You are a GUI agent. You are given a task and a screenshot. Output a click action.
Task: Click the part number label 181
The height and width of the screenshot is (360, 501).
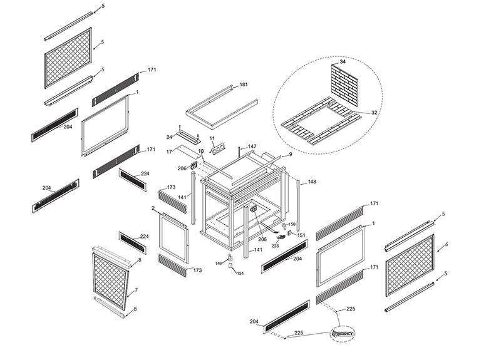(244, 84)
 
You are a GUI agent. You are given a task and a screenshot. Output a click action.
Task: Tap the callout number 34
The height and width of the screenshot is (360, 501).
(343, 63)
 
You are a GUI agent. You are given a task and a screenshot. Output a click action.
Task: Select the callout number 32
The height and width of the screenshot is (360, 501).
(374, 113)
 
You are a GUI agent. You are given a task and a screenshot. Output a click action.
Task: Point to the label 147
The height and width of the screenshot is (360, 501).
(251, 146)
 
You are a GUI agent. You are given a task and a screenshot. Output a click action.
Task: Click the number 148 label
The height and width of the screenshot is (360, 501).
(312, 182)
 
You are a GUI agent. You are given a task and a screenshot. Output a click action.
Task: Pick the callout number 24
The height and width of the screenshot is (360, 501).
(169, 136)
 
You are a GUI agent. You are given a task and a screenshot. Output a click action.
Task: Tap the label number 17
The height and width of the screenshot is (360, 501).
(169, 151)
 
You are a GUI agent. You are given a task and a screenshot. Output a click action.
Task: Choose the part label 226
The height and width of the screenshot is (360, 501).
(275, 246)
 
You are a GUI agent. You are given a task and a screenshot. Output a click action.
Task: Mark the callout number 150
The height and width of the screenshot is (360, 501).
(292, 224)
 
